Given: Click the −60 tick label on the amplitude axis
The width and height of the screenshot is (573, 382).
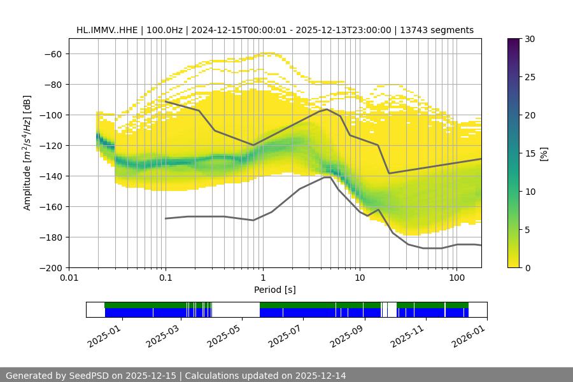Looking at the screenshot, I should pos(52,53).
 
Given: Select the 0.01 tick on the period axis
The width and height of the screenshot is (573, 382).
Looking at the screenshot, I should pos(69,278).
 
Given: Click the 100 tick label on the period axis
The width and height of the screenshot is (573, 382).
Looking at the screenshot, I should pos(456,278).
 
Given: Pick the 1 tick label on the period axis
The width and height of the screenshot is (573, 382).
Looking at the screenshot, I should pos(263,278).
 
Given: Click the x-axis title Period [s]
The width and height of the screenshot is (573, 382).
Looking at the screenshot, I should pos(275,290).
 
